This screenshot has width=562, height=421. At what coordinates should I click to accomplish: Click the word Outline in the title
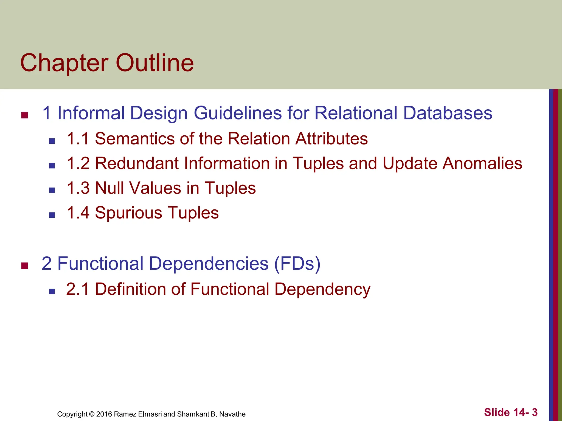[155, 63]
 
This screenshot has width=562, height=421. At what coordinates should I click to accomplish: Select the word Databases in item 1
[448, 113]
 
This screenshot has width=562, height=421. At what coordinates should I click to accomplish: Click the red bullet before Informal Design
[25, 115]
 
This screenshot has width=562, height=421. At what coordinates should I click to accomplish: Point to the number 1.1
[78, 138]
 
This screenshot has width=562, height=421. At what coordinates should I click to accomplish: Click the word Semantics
[135, 138]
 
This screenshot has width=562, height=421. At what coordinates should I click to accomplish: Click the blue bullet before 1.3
[52, 190]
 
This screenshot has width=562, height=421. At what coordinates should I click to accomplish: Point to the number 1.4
[78, 213]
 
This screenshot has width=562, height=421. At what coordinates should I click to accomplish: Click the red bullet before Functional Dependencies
[25, 266]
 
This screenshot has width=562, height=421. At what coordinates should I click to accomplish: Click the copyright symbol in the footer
[92, 414]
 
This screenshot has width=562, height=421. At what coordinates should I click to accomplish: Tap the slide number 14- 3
[526, 412]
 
